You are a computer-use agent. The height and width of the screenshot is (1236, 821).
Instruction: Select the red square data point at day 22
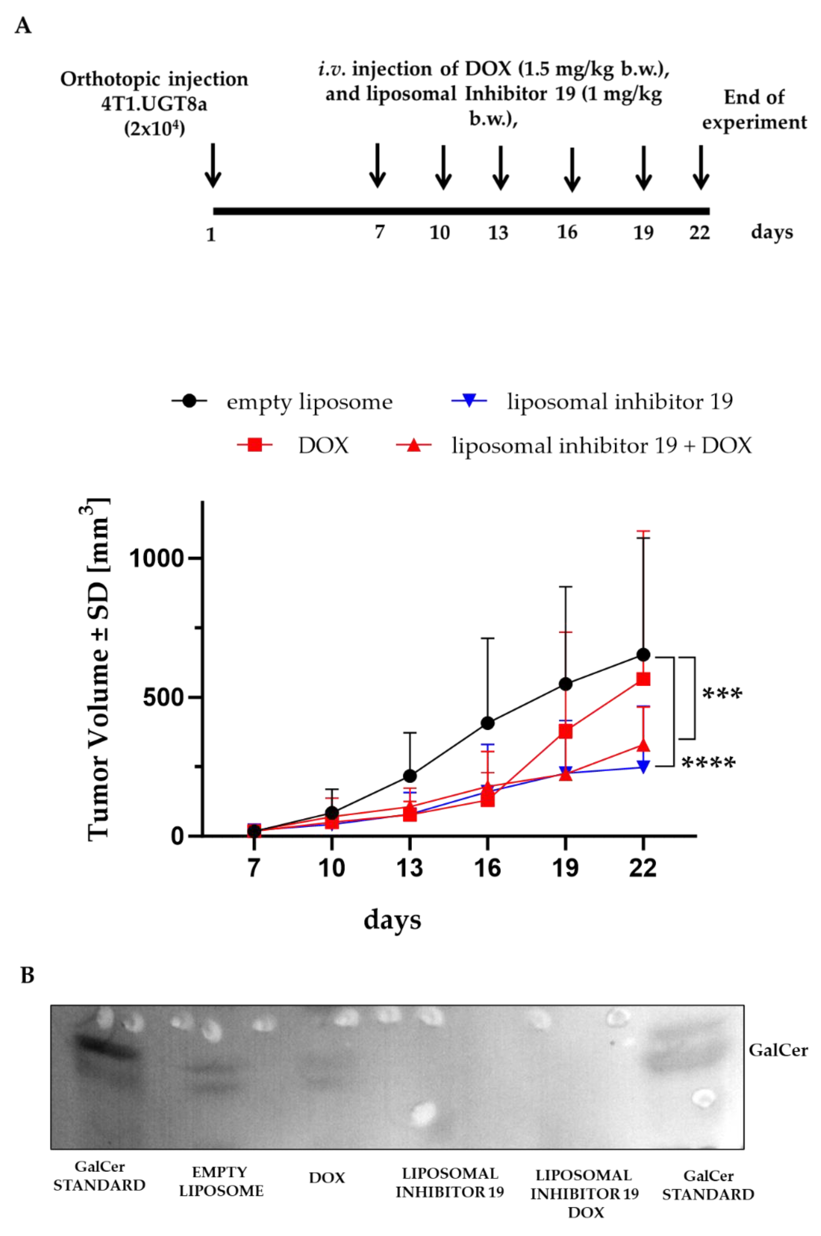643,679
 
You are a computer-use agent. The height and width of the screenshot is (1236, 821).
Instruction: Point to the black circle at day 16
487,723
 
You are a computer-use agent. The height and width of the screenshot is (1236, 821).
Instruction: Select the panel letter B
27,975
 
